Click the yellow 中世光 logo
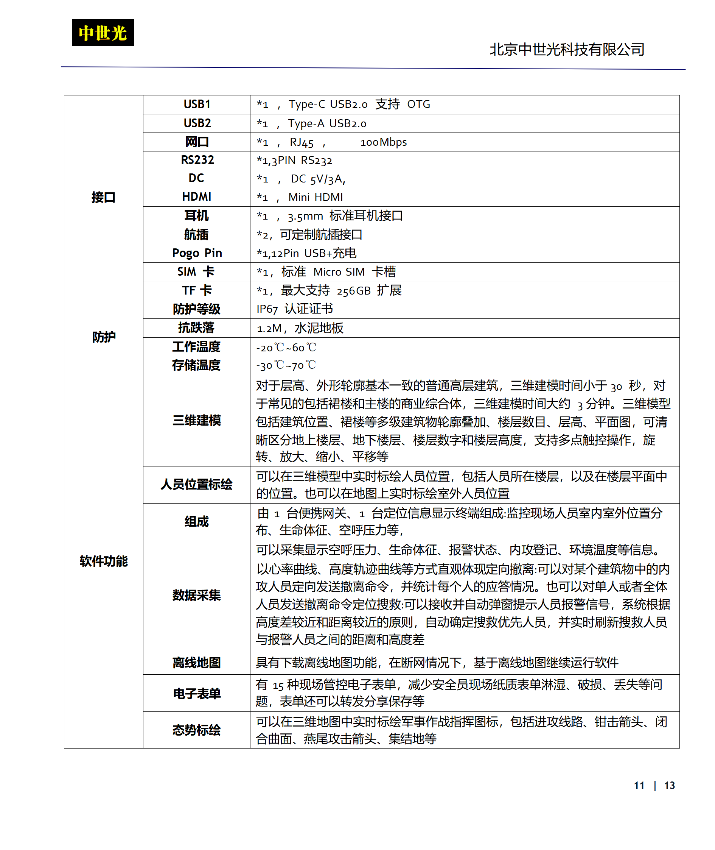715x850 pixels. (x=103, y=33)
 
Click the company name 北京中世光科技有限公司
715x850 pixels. (x=567, y=50)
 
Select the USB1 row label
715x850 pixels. (x=197, y=104)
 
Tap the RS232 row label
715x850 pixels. (x=197, y=160)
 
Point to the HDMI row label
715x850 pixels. (x=197, y=197)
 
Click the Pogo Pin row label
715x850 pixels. (x=197, y=253)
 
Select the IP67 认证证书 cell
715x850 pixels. (x=294, y=309)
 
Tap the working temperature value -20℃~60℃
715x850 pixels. (x=286, y=347)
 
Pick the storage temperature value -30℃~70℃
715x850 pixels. (x=286, y=365)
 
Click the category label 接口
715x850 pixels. (x=103, y=197)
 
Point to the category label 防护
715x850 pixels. (x=104, y=337)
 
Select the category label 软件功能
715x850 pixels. (x=103, y=561)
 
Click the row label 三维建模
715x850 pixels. (x=197, y=420)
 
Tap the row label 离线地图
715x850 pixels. (x=197, y=663)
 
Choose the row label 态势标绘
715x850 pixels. (x=197, y=730)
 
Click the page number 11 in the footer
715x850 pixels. (x=639, y=786)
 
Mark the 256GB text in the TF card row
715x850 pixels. (x=353, y=291)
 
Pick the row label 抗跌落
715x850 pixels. (x=196, y=328)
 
